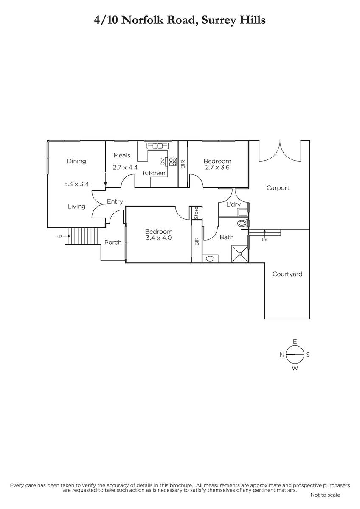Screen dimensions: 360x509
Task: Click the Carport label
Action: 278,188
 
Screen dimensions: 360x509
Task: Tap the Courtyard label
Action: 287,274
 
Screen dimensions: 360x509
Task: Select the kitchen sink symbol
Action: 157,145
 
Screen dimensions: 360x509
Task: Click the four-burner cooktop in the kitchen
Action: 173,162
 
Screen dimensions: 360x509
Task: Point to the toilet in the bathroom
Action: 242,223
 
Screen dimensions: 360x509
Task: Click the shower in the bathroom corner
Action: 240,253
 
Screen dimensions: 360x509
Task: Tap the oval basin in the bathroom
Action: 210,258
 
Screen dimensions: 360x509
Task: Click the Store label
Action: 197,213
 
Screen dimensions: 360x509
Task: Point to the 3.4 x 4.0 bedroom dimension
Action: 159,238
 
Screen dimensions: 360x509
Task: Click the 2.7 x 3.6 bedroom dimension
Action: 217,168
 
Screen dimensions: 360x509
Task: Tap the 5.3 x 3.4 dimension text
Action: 76,184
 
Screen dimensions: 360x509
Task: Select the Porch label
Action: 113,243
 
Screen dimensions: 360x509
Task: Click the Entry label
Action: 115,201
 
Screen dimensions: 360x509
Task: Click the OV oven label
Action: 163,162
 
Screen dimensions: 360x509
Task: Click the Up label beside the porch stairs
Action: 59,236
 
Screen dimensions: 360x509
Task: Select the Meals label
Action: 122,155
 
